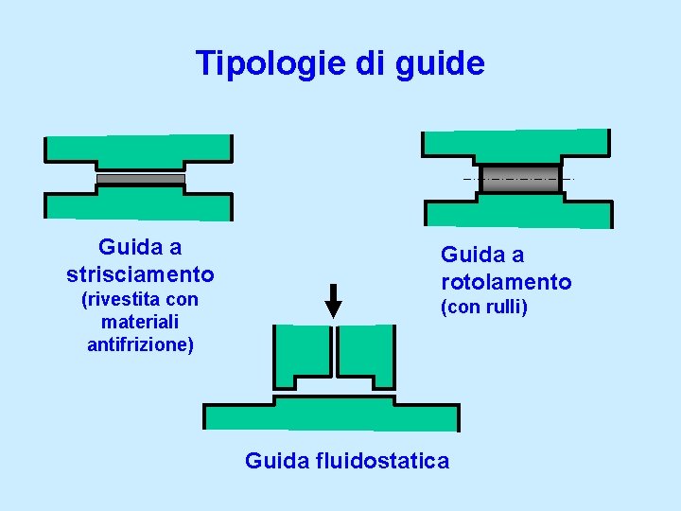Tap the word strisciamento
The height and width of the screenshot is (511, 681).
[140, 274]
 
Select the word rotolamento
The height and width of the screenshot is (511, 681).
[506, 282]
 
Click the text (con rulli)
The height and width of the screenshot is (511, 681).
[483, 308]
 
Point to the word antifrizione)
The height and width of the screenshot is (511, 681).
[140, 344]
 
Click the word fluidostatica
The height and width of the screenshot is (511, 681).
[382, 461]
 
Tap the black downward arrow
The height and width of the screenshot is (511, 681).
[333, 302]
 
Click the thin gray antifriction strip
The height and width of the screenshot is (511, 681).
[141, 179]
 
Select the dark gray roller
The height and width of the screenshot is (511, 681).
[518, 179]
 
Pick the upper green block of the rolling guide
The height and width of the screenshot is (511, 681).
[515, 145]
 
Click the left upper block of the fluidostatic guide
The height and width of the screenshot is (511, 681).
[301, 352]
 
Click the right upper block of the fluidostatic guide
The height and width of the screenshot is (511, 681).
[366, 352]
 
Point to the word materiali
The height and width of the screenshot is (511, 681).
[140, 323]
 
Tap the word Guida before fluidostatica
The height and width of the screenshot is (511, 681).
[276, 461]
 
